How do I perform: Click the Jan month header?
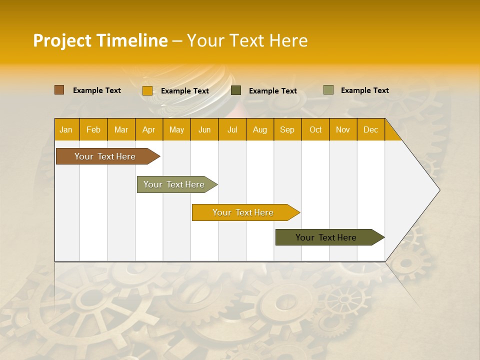(66, 130)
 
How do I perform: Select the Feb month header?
(93, 130)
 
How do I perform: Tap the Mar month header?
(121, 130)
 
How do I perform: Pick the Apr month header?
(149, 130)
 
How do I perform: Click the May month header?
(176, 130)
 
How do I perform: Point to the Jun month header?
(204, 130)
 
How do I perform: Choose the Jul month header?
(232, 130)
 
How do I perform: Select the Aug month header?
(260, 130)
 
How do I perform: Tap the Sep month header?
(287, 130)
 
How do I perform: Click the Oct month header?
(315, 130)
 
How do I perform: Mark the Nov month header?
(343, 130)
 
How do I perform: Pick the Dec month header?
(371, 130)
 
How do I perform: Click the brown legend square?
(59, 90)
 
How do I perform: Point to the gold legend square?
(147, 90)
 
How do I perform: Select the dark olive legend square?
(236, 90)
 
